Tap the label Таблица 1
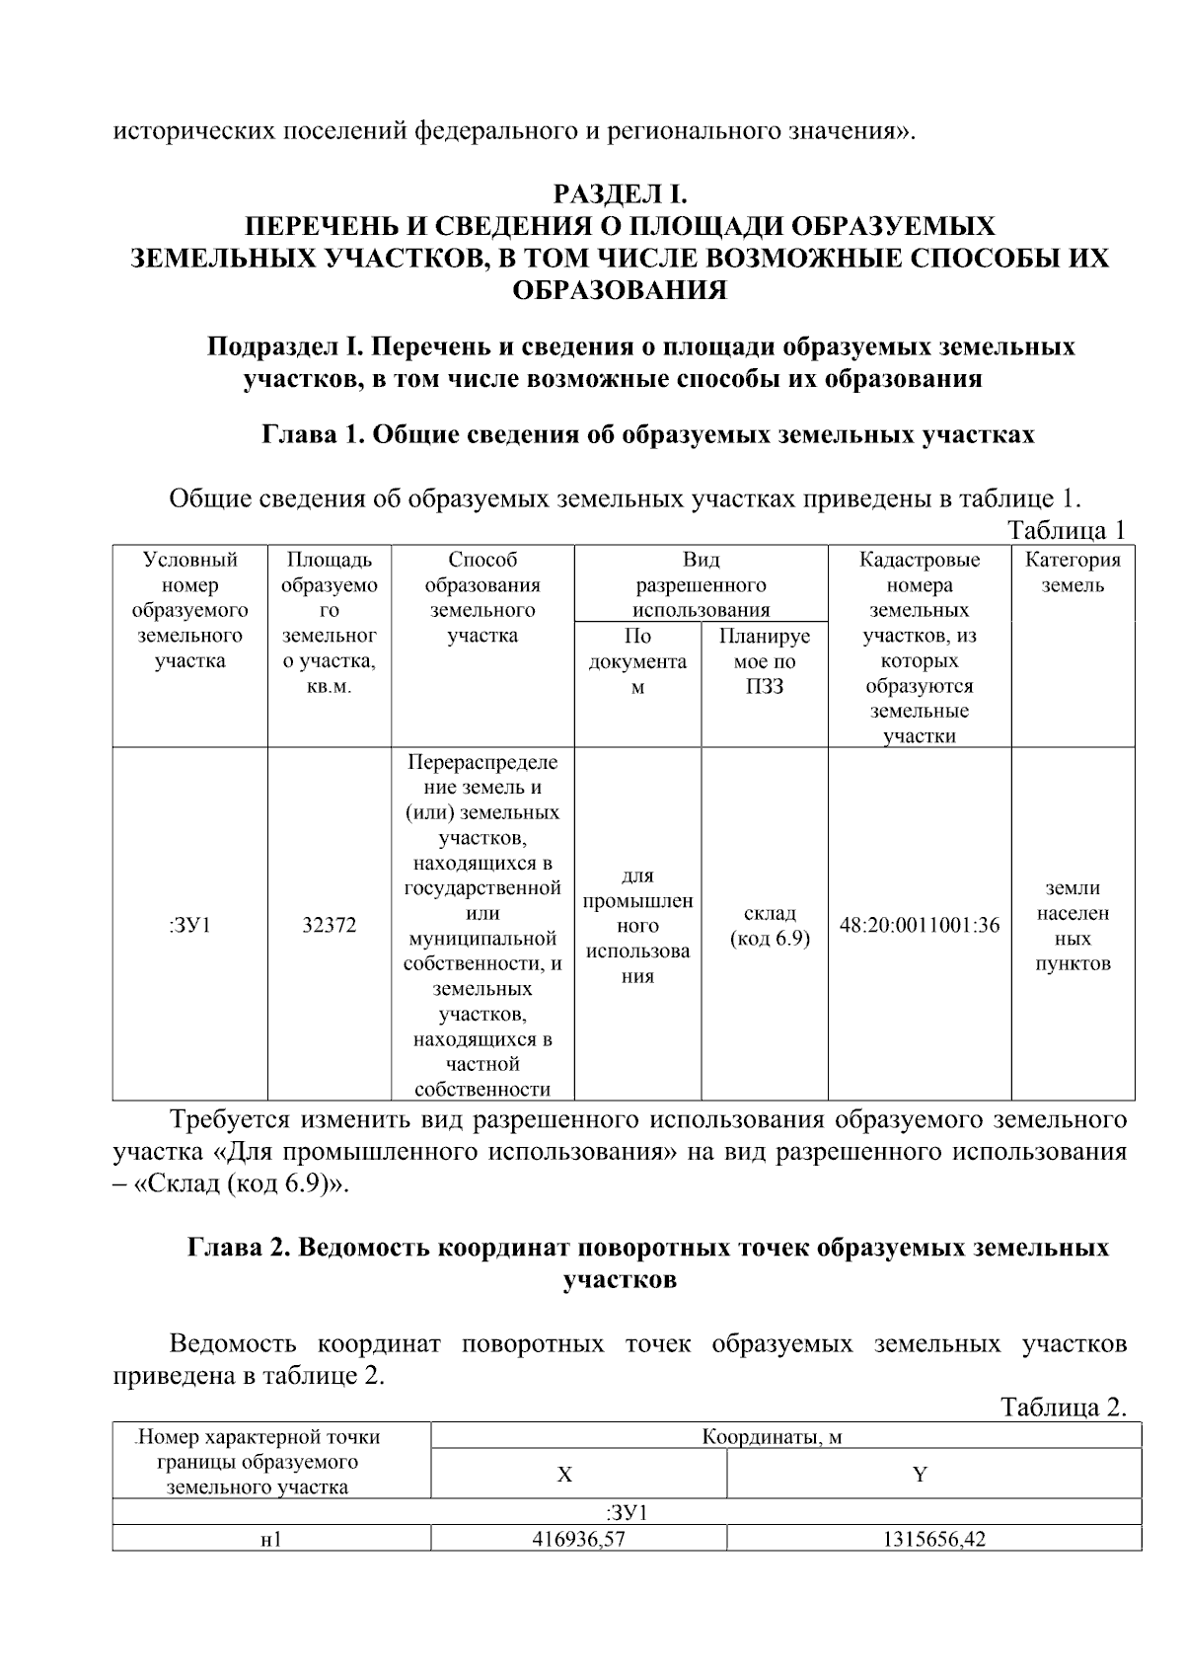1066,530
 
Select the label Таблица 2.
1063,1407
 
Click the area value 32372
330,926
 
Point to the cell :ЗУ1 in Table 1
189,926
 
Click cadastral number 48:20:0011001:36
919,926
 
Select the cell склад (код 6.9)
769,926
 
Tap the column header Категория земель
1073,572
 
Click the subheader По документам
637,661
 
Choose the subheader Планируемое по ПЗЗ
765,661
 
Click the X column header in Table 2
564,1475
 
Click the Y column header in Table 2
920,1475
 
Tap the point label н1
270,1540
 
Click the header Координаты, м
772,1436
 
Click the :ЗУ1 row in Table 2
627,1512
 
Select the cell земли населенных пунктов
1073,926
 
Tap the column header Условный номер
189,610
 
